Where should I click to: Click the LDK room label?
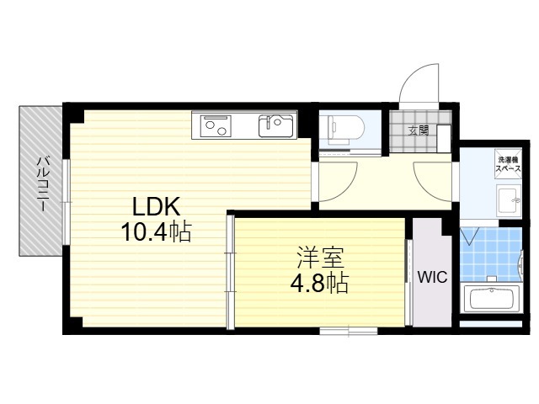(x=157, y=207)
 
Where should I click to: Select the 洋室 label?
(x=320, y=258)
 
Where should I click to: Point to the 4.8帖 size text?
(x=319, y=283)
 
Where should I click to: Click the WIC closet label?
(x=432, y=277)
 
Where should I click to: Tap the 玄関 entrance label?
(x=419, y=131)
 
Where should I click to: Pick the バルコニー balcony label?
(x=43, y=184)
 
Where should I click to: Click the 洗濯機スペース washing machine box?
(x=508, y=164)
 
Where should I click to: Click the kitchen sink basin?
(x=277, y=126)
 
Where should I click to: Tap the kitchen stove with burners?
(x=216, y=125)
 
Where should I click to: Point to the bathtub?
(x=492, y=299)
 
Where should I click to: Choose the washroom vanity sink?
(x=509, y=200)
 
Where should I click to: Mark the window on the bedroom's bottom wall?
(x=349, y=331)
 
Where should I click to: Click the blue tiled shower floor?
(x=490, y=254)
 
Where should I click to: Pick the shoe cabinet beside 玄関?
(x=444, y=139)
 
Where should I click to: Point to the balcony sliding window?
(x=67, y=202)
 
